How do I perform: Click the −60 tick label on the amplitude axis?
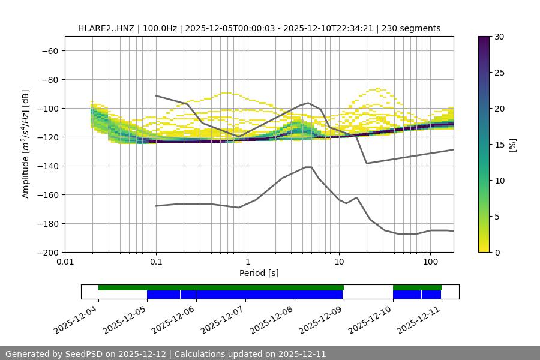coord(49,50)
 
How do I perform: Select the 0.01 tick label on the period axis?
coord(65,262)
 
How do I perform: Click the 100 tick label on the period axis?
coord(430,262)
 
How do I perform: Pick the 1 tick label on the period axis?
coord(247,262)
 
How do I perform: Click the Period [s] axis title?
coord(259,273)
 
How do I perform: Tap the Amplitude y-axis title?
coord(26,144)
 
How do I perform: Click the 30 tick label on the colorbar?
coord(499,37)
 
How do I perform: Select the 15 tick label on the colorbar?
coord(499,145)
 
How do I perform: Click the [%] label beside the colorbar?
coord(512,145)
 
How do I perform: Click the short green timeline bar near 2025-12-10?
coord(417,287)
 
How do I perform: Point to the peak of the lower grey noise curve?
coord(308,167)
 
